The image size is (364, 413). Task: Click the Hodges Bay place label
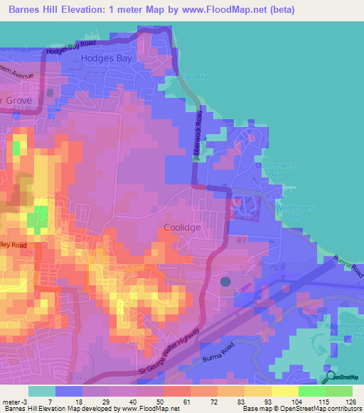(107, 60)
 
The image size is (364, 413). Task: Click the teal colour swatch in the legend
(42, 391)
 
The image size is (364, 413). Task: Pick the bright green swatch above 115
(312, 391)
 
